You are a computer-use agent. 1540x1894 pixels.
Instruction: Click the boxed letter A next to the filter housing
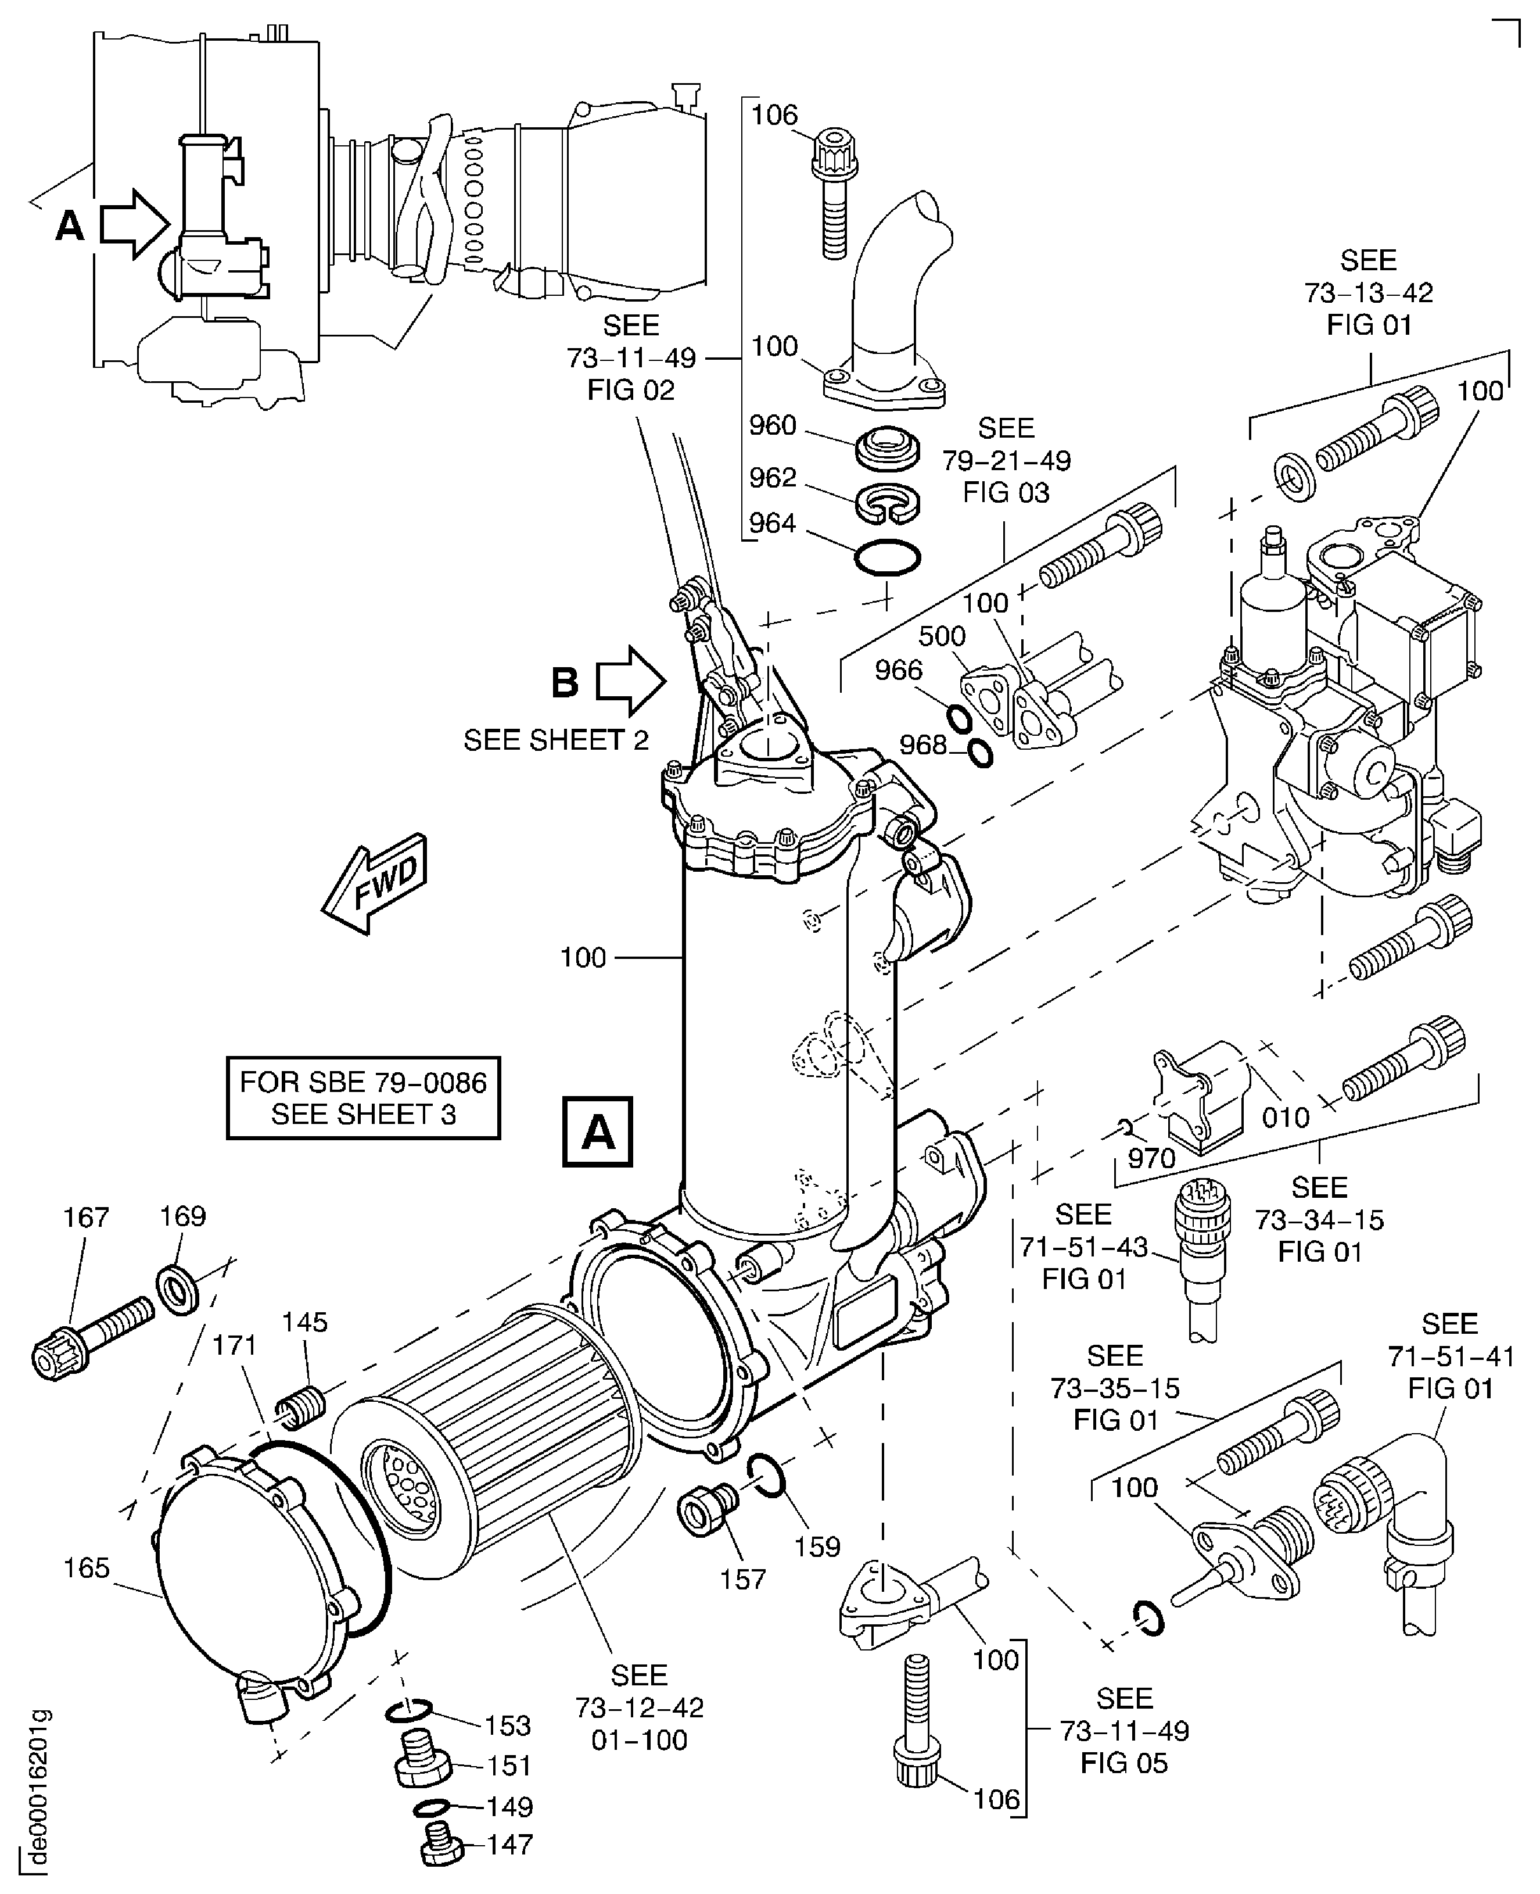[598, 1132]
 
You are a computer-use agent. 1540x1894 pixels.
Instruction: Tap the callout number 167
[85, 1217]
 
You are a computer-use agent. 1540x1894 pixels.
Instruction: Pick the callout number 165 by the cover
[86, 1569]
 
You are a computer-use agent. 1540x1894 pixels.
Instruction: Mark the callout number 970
[1151, 1158]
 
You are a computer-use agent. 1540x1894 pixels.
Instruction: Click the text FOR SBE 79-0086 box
[363, 1097]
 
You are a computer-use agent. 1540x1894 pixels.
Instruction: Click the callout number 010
[1286, 1118]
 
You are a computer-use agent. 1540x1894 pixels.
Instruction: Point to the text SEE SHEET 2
[556, 739]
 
